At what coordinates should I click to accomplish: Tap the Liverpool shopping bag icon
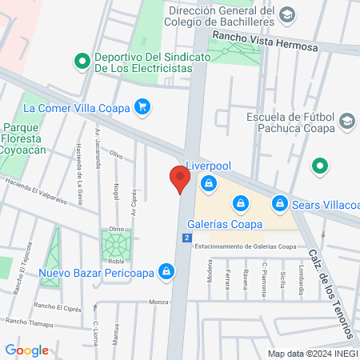click(208, 184)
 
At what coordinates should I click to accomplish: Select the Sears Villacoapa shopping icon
click(279, 204)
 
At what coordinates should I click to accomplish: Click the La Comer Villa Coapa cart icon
click(142, 106)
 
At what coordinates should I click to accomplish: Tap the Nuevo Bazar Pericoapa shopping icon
click(166, 272)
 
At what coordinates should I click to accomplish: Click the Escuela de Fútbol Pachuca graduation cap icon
click(346, 121)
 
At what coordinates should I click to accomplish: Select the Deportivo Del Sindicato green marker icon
click(81, 61)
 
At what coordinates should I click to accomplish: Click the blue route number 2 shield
click(186, 238)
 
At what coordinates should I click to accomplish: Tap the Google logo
click(26, 350)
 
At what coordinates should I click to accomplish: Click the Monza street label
click(158, 302)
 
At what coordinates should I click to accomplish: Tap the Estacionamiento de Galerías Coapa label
click(245, 247)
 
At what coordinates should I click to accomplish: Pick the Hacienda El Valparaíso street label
click(37, 188)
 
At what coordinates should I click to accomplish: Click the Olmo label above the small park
click(116, 228)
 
